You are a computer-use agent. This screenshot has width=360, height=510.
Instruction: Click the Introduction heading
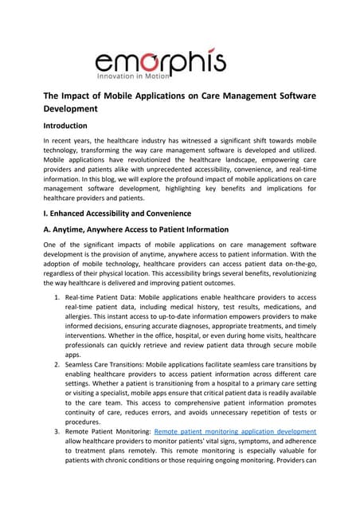[70, 125]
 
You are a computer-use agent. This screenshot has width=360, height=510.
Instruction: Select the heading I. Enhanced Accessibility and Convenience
[127, 213]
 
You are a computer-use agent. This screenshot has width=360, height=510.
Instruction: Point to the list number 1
[57, 297]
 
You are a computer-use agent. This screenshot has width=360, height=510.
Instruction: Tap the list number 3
[57, 431]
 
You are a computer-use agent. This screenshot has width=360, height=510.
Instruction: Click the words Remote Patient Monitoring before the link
[108, 431]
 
